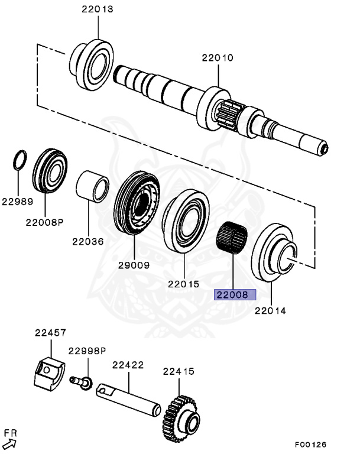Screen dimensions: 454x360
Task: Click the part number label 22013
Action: click(98, 9)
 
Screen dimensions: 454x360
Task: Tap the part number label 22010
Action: click(217, 57)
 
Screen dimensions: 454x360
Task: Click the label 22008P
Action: click(44, 222)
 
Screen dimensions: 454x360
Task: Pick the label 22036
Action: click(87, 241)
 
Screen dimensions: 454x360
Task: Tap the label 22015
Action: click(184, 284)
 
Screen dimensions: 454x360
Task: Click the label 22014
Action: click(270, 310)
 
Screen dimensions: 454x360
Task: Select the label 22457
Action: click(49, 333)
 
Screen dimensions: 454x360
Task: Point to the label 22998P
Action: click(86, 351)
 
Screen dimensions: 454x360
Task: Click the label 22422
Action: click(128, 365)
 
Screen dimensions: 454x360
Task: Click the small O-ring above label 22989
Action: click(20, 160)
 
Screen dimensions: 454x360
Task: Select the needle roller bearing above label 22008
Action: click(232, 238)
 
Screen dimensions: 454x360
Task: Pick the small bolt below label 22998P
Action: click(81, 382)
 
